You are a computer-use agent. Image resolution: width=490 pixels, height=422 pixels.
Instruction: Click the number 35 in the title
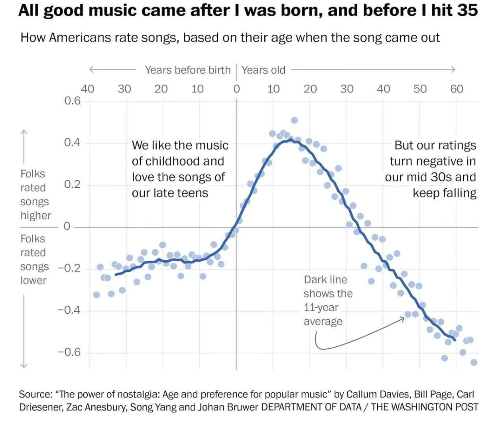[x=467, y=10]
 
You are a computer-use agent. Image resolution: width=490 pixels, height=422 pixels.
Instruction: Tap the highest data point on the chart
[x=294, y=120]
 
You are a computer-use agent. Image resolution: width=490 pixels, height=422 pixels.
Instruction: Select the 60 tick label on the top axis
[x=457, y=89]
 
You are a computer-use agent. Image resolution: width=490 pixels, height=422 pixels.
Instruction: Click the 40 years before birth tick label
[x=87, y=89]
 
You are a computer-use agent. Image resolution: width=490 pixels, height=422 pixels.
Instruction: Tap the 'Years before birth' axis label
[x=188, y=70]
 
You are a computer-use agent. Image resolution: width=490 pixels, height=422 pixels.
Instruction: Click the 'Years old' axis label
[x=263, y=70]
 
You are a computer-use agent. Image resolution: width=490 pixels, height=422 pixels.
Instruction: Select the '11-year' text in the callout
[x=321, y=307]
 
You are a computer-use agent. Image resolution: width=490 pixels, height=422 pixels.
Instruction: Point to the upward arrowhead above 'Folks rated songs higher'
[x=24, y=132]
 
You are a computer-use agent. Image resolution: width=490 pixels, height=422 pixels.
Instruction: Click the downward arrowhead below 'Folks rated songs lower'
[x=24, y=365]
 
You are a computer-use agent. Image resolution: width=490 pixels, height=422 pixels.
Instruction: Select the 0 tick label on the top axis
[x=236, y=89]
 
